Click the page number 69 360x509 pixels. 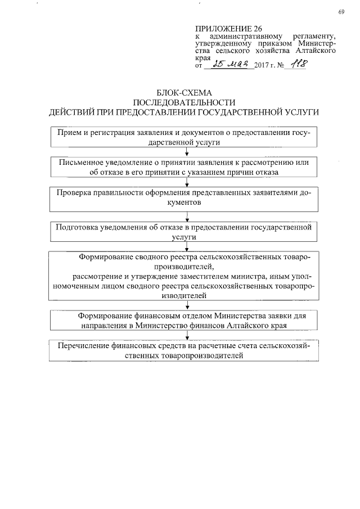tap(341, 12)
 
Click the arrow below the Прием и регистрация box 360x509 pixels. tap(178, 152)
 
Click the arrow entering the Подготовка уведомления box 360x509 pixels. tap(178, 217)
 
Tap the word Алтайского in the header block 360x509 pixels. tap(317, 50)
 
